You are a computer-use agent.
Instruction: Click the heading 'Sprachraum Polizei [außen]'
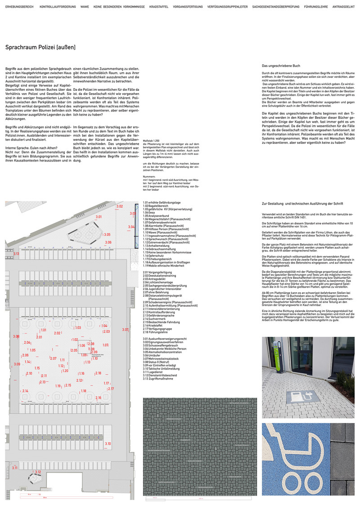tap(40, 47)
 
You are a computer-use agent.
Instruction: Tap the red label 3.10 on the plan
tap(108, 444)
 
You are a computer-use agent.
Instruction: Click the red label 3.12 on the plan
tap(38, 472)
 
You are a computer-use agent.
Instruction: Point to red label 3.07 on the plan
tap(125, 330)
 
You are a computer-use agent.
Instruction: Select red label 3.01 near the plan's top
tap(99, 217)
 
